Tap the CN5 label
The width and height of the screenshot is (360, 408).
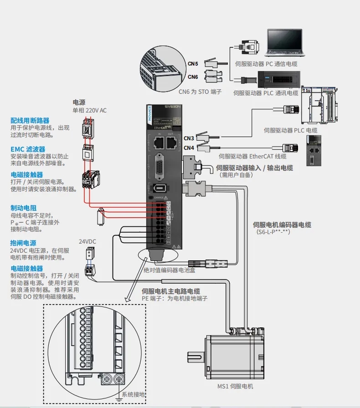(193, 64)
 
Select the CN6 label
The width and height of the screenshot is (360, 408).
(193, 77)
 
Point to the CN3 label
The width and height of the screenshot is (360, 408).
(189, 138)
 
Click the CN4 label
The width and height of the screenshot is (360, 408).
(189, 148)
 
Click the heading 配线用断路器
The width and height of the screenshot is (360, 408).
(30, 120)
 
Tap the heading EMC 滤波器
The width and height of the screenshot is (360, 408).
(28, 149)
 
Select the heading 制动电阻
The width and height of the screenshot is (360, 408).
(23, 208)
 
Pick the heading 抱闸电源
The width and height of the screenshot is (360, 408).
(23, 243)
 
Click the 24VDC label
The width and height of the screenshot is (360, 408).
(87, 241)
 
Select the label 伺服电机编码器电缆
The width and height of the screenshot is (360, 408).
(282, 224)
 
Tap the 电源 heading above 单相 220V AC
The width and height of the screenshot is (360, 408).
(79, 102)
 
